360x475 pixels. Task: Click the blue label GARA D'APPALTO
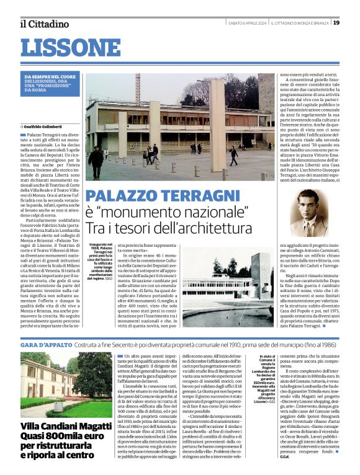pyautogui.click(x=47, y=344)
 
